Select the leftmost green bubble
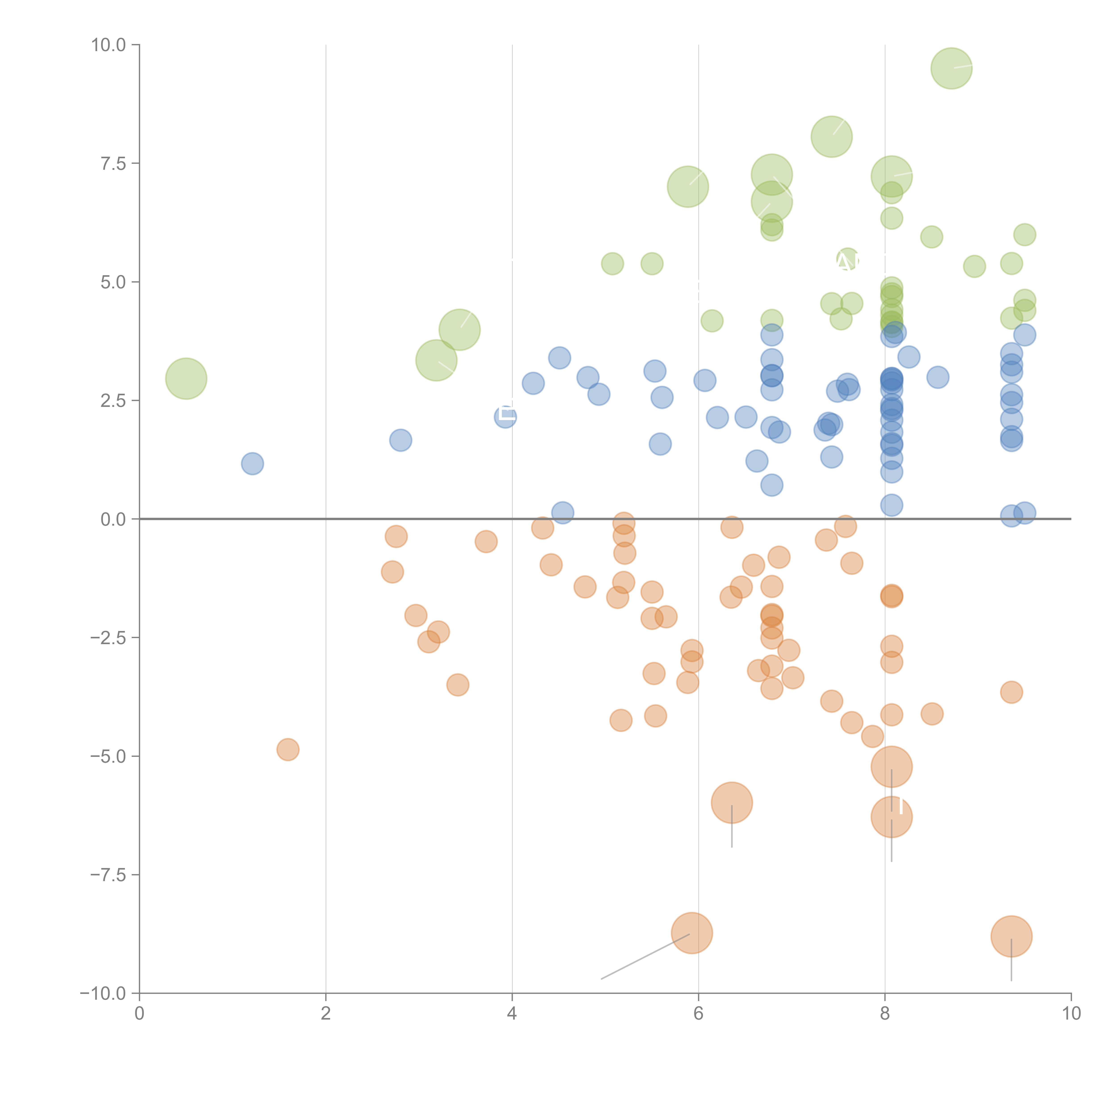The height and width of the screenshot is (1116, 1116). [186, 378]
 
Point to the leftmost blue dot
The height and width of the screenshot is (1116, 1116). [252, 463]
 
